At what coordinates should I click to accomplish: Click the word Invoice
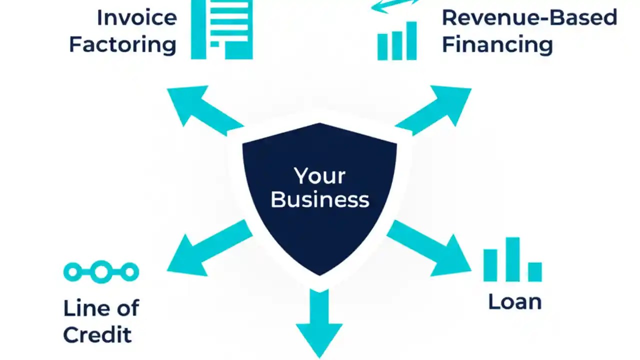pos(136,18)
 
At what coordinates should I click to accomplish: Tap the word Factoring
pos(122,44)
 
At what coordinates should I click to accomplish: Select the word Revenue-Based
pos(529,18)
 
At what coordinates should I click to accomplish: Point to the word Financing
pos(497,44)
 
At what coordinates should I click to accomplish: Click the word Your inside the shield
pos(319,176)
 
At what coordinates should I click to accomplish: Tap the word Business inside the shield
pos(319,199)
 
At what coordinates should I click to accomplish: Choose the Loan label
pos(514,301)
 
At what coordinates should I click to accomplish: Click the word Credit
pos(97,334)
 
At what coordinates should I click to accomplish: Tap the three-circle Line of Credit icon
pos(101,272)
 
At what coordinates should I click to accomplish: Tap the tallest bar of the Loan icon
pos(512,259)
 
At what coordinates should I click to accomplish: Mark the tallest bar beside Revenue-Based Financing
pos(411,41)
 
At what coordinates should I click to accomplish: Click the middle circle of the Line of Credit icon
pos(101,272)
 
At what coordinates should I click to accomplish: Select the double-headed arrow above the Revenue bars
pos(395,5)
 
